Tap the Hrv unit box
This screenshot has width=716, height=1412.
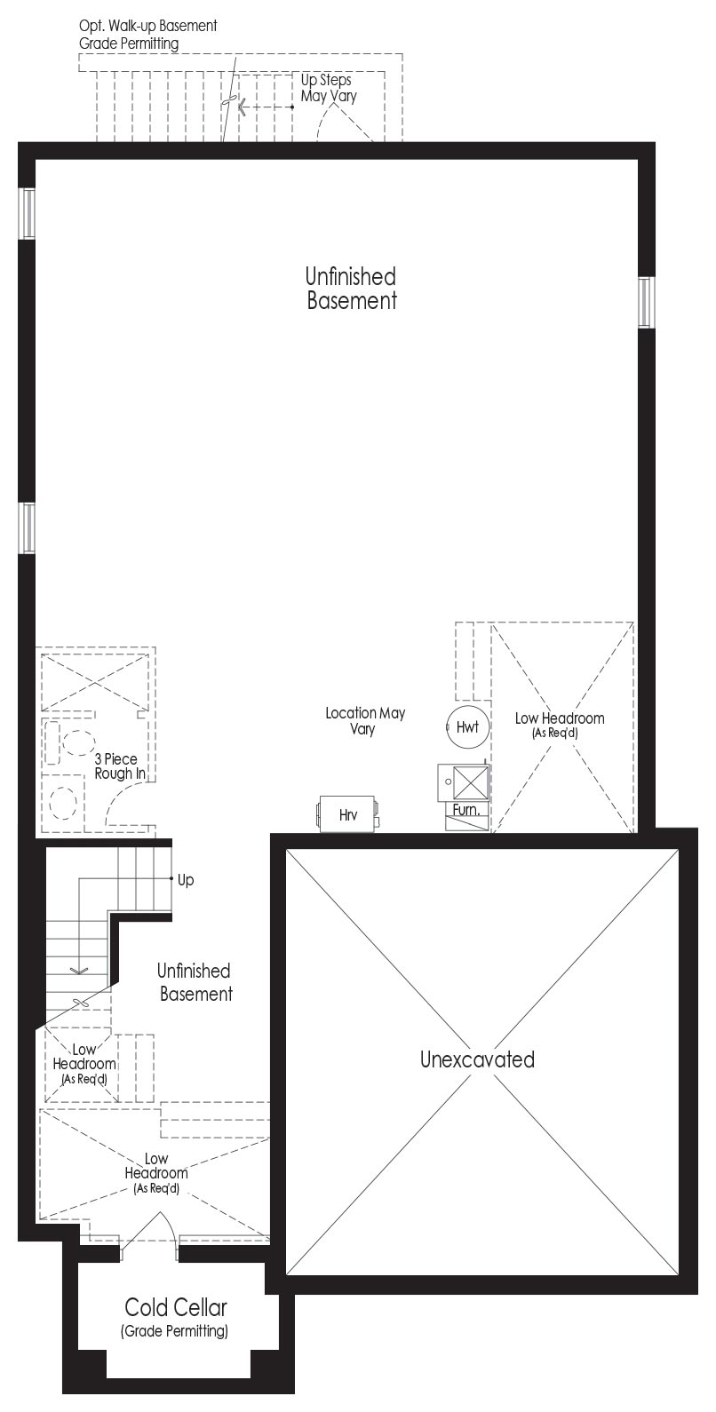(x=347, y=814)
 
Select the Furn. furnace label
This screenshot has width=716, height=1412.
(x=466, y=810)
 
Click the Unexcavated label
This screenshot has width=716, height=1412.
(x=477, y=1059)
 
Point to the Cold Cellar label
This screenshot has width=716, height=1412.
(x=175, y=1307)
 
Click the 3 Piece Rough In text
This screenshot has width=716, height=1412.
(x=120, y=765)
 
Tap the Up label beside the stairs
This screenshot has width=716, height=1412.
(x=186, y=879)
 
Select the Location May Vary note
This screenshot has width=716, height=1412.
(x=364, y=720)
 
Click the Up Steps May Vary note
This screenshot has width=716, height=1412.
(x=329, y=88)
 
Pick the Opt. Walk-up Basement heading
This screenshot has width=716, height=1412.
(x=147, y=26)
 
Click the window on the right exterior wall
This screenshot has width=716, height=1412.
(x=646, y=302)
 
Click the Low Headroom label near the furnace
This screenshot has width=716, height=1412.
(x=559, y=725)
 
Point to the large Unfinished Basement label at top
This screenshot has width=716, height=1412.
(x=352, y=288)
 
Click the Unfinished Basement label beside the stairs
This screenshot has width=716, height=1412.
(x=195, y=982)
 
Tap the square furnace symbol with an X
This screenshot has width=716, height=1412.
(x=468, y=783)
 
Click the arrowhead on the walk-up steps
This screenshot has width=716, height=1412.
(x=241, y=107)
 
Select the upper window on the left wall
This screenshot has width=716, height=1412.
(x=27, y=214)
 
